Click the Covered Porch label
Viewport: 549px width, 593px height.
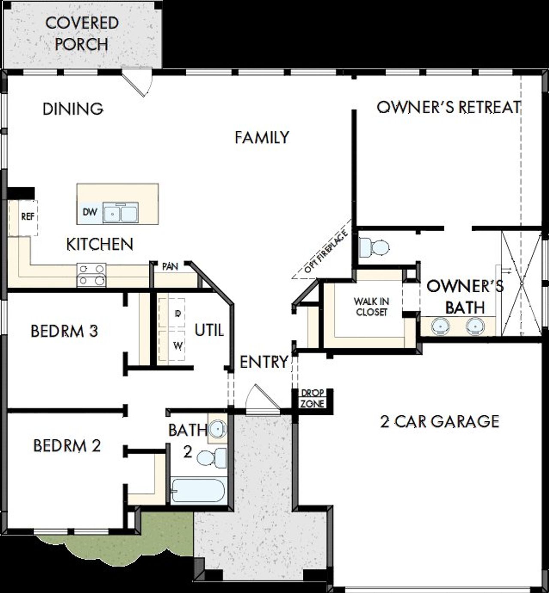click(x=81, y=33)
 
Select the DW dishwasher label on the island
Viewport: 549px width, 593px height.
click(x=90, y=212)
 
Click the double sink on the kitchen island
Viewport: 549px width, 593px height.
click(x=121, y=213)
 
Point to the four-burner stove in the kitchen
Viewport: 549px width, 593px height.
click(x=91, y=275)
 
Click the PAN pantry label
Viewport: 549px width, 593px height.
click(x=170, y=267)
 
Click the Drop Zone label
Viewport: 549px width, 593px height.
click(x=312, y=399)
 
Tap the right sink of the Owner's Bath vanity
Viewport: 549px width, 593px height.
click(x=475, y=327)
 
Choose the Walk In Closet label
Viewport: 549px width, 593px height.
click(x=371, y=307)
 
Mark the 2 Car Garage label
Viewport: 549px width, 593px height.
click(x=440, y=421)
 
